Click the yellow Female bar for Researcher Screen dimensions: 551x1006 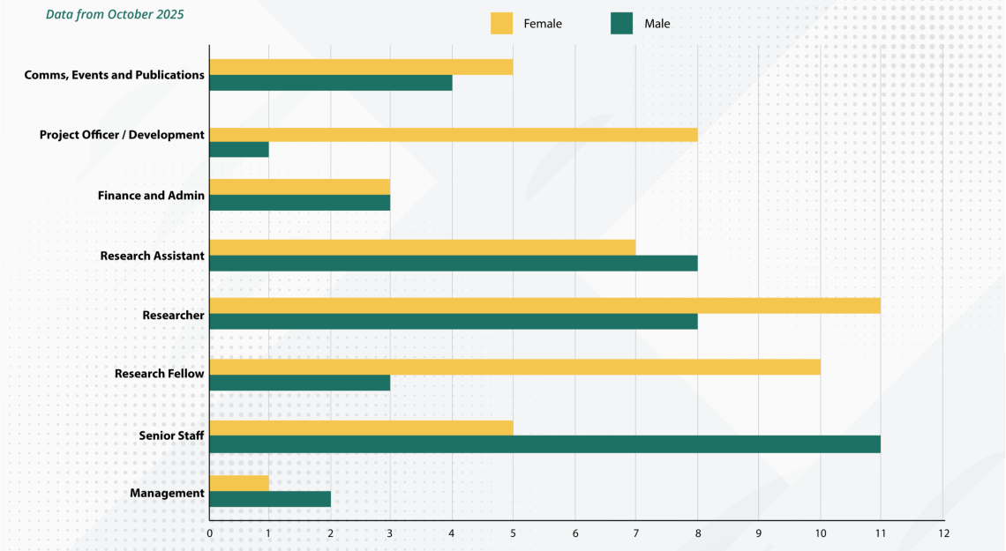pyautogui.click(x=544, y=305)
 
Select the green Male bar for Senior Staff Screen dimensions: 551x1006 pyautogui.click(x=544, y=444)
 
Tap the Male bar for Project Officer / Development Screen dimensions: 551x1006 pyautogui.click(x=239, y=150)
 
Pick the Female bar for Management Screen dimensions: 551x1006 pyautogui.click(x=239, y=483)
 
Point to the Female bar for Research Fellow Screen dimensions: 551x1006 pyautogui.click(x=514, y=367)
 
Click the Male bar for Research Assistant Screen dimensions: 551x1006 pyautogui.click(x=454, y=263)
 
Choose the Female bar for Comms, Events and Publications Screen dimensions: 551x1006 pyautogui.click(x=361, y=67)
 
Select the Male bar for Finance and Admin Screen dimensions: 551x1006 pyautogui.click(x=300, y=203)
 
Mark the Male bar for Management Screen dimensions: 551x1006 pyautogui.click(x=270, y=499)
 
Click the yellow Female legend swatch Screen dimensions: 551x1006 pyautogui.click(x=501, y=24)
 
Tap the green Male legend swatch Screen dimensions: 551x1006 pyautogui.click(x=621, y=24)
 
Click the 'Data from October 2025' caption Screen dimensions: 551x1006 pyautogui.click(x=115, y=15)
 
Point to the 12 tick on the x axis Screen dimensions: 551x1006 pyautogui.click(x=943, y=533)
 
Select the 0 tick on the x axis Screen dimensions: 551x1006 pyautogui.click(x=209, y=533)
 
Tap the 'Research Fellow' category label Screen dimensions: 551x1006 pyautogui.click(x=160, y=374)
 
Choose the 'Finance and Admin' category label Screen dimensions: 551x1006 pyautogui.click(x=151, y=195)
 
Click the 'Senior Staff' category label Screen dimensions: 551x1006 pyautogui.click(x=171, y=436)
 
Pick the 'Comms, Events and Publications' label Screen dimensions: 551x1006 pyautogui.click(x=115, y=75)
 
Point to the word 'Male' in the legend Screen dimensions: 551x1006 pyautogui.click(x=657, y=24)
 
